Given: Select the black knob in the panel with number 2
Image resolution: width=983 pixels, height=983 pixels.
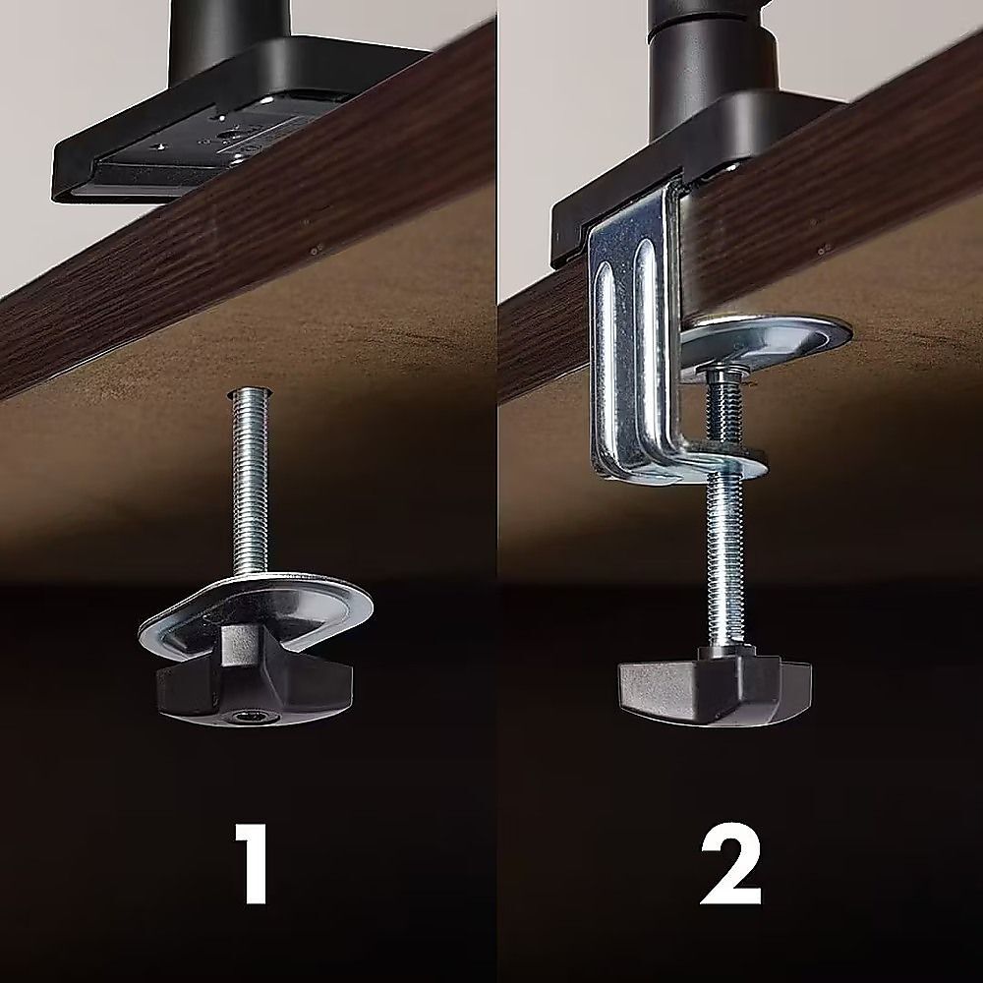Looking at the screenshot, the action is (715, 690).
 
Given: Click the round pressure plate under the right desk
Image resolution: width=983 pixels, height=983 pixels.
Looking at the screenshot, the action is (765, 342).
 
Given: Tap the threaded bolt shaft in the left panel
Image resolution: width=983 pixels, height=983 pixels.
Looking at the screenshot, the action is (250, 483).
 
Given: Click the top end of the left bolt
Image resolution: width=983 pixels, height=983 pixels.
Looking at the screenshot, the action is (250, 390).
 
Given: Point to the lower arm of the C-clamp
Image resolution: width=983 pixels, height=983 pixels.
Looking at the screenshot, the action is (690, 463).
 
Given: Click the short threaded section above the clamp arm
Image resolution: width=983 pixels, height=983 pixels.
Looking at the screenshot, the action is (723, 408).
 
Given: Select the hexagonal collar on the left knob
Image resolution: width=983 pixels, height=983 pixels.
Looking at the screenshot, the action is (243, 646).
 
